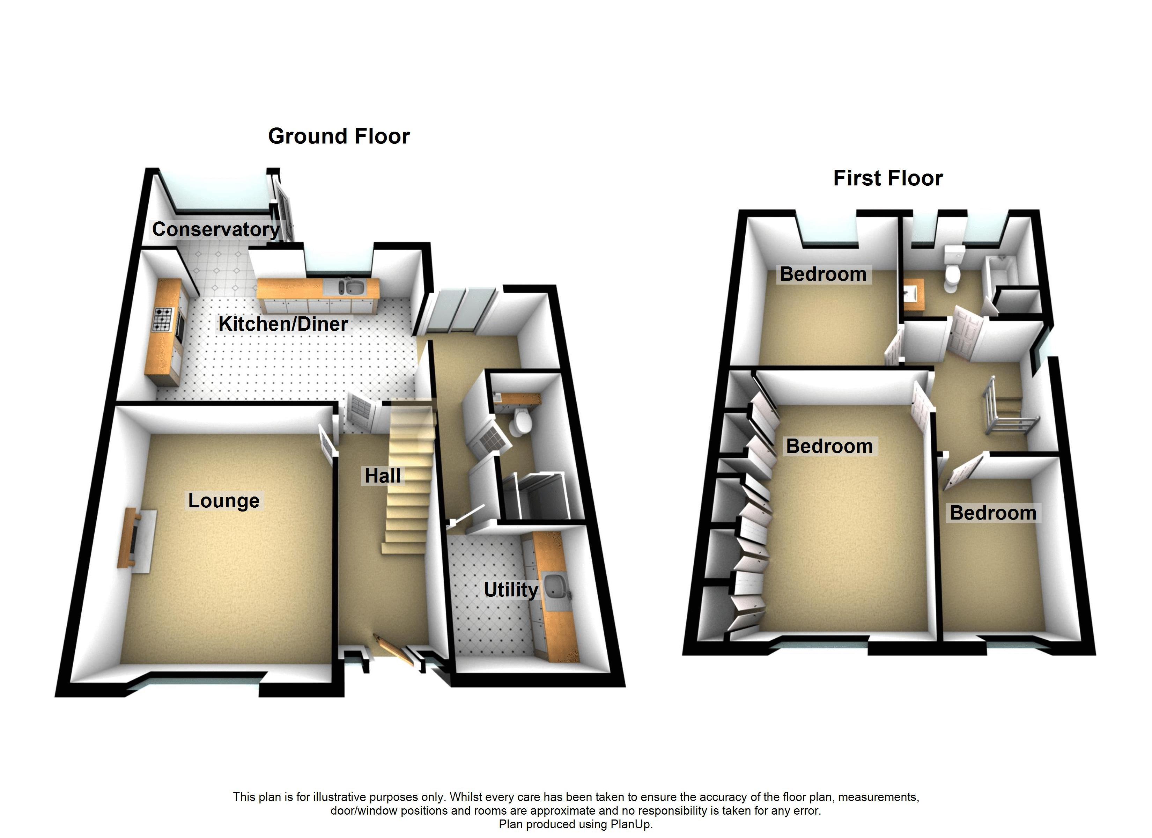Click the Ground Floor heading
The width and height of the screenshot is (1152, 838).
(339, 136)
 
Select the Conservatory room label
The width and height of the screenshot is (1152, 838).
(216, 229)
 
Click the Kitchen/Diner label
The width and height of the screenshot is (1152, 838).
(283, 324)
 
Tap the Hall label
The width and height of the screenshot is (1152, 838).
(383, 476)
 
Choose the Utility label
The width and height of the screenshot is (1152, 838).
(510, 589)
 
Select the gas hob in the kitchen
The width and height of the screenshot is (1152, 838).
(163, 319)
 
